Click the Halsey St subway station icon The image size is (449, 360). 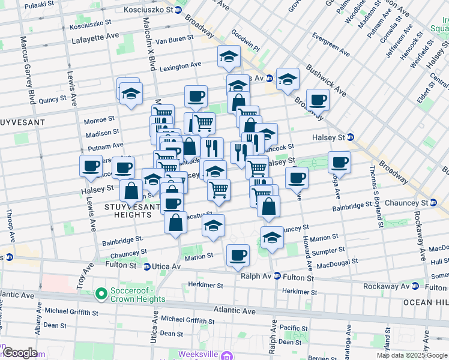tap(351, 137)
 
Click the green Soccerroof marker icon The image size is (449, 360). tap(101, 295)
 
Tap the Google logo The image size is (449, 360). tap(20, 353)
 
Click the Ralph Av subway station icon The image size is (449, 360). tap(277, 277)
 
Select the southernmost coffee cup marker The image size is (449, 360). tap(238, 254)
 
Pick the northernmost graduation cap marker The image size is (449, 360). tap(229, 57)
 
